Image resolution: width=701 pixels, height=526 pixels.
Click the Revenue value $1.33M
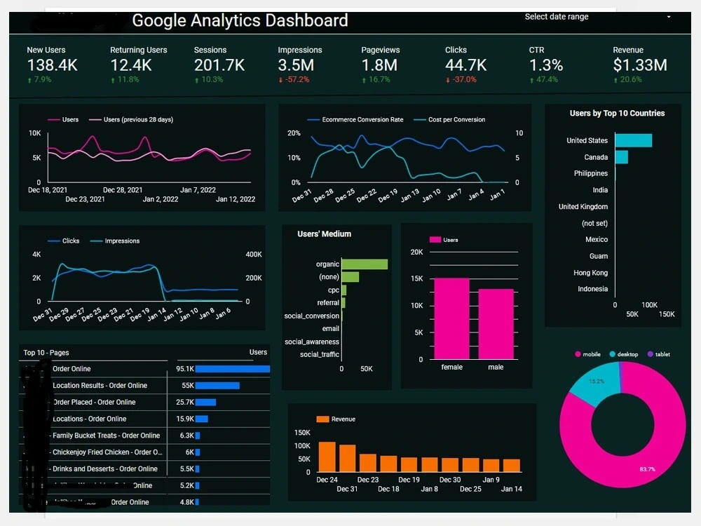point(639,65)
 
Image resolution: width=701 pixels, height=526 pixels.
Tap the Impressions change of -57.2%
point(295,80)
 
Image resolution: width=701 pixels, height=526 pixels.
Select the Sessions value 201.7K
point(219,65)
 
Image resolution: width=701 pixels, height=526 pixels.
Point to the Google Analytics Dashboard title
point(240,20)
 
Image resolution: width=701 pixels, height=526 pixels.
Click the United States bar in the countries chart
point(633,140)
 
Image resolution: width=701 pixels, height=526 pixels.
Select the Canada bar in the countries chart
point(621,157)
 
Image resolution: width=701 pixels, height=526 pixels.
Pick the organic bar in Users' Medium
point(365,264)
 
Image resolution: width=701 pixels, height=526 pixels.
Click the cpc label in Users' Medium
point(333,290)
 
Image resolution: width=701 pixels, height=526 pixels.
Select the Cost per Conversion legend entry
point(456,120)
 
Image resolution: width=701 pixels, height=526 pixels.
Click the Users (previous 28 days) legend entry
point(137,120)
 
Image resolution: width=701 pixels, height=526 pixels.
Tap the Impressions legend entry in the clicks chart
point(121,241)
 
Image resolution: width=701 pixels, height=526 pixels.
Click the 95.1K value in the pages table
point(185,369)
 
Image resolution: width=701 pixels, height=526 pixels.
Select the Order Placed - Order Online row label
point(94,403)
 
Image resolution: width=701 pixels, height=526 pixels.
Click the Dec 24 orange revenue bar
point(327,457)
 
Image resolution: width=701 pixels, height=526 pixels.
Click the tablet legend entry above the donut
point(662,354)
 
